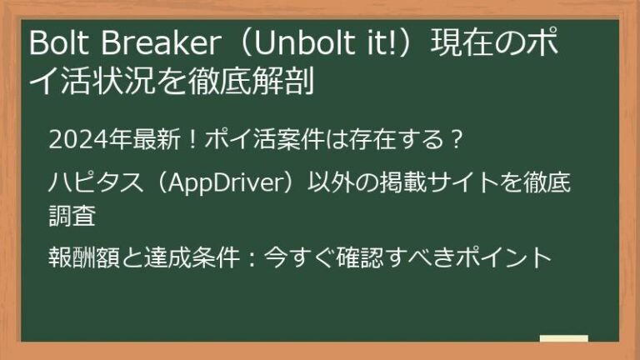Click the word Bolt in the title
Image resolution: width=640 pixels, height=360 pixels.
52,44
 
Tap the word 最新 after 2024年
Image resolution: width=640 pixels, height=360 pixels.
147,138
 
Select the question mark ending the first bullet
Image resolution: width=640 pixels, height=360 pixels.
454,138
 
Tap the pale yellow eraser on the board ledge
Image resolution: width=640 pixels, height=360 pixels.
563,339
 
